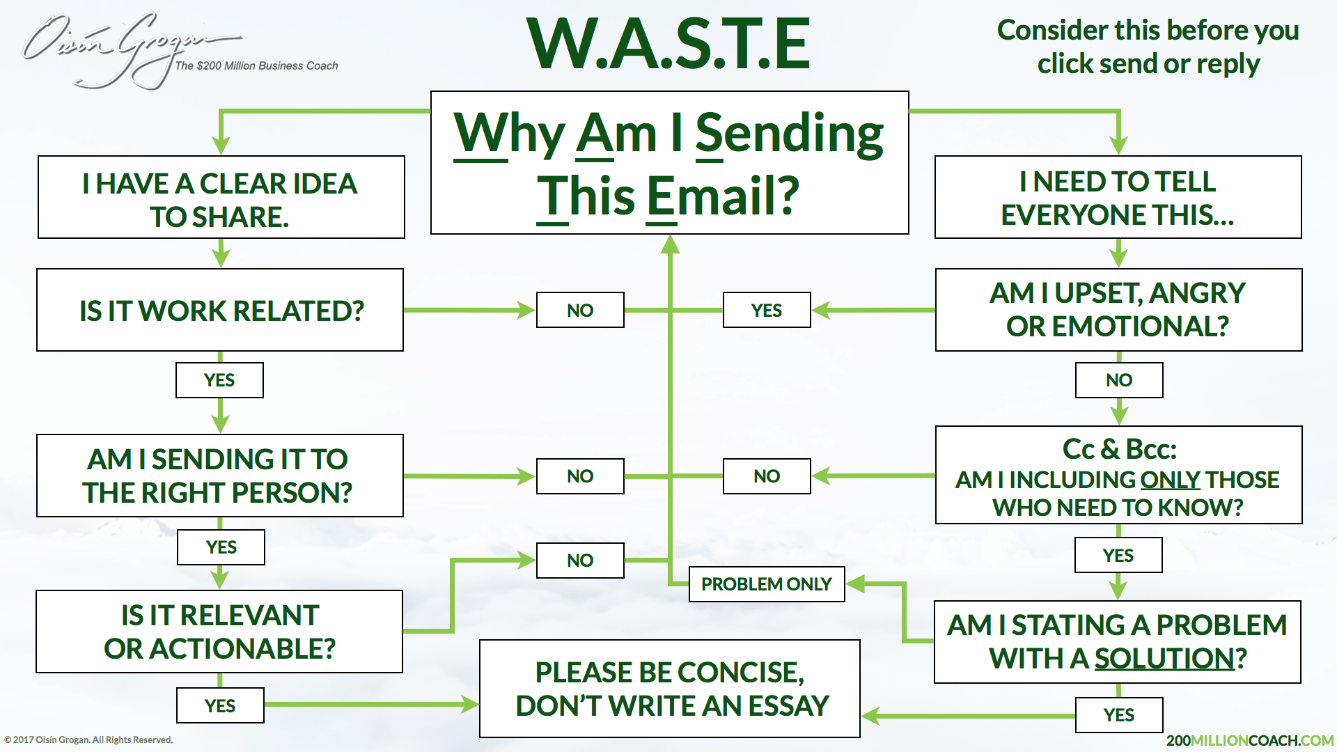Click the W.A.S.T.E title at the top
pos(669,43)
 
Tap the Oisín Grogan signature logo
pos(132,50)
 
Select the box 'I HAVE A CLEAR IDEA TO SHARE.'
pos(221,197)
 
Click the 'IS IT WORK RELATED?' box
pos(220,310)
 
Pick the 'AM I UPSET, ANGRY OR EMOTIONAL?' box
pos(1119,310)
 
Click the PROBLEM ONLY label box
pos(767,583)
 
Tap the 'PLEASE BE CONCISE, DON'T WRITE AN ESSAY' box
pos(670,689)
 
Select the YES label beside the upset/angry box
pos(767,310)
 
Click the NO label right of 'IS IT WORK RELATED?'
pos(580,310)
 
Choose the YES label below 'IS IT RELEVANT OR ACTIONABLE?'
pos(220,705)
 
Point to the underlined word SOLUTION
pos(1165,659)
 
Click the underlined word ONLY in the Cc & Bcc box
pos(1170,480)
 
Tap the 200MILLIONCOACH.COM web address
pos(1250,740)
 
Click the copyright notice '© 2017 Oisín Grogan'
pos(88,739)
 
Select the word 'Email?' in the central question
pos(724,196)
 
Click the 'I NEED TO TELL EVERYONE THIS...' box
pos(1118,197)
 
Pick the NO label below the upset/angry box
pos(1119,380)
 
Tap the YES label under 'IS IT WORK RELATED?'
pos(219,380)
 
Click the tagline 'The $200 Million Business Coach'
pos(256,65)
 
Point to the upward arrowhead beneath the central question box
pos(670,244)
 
